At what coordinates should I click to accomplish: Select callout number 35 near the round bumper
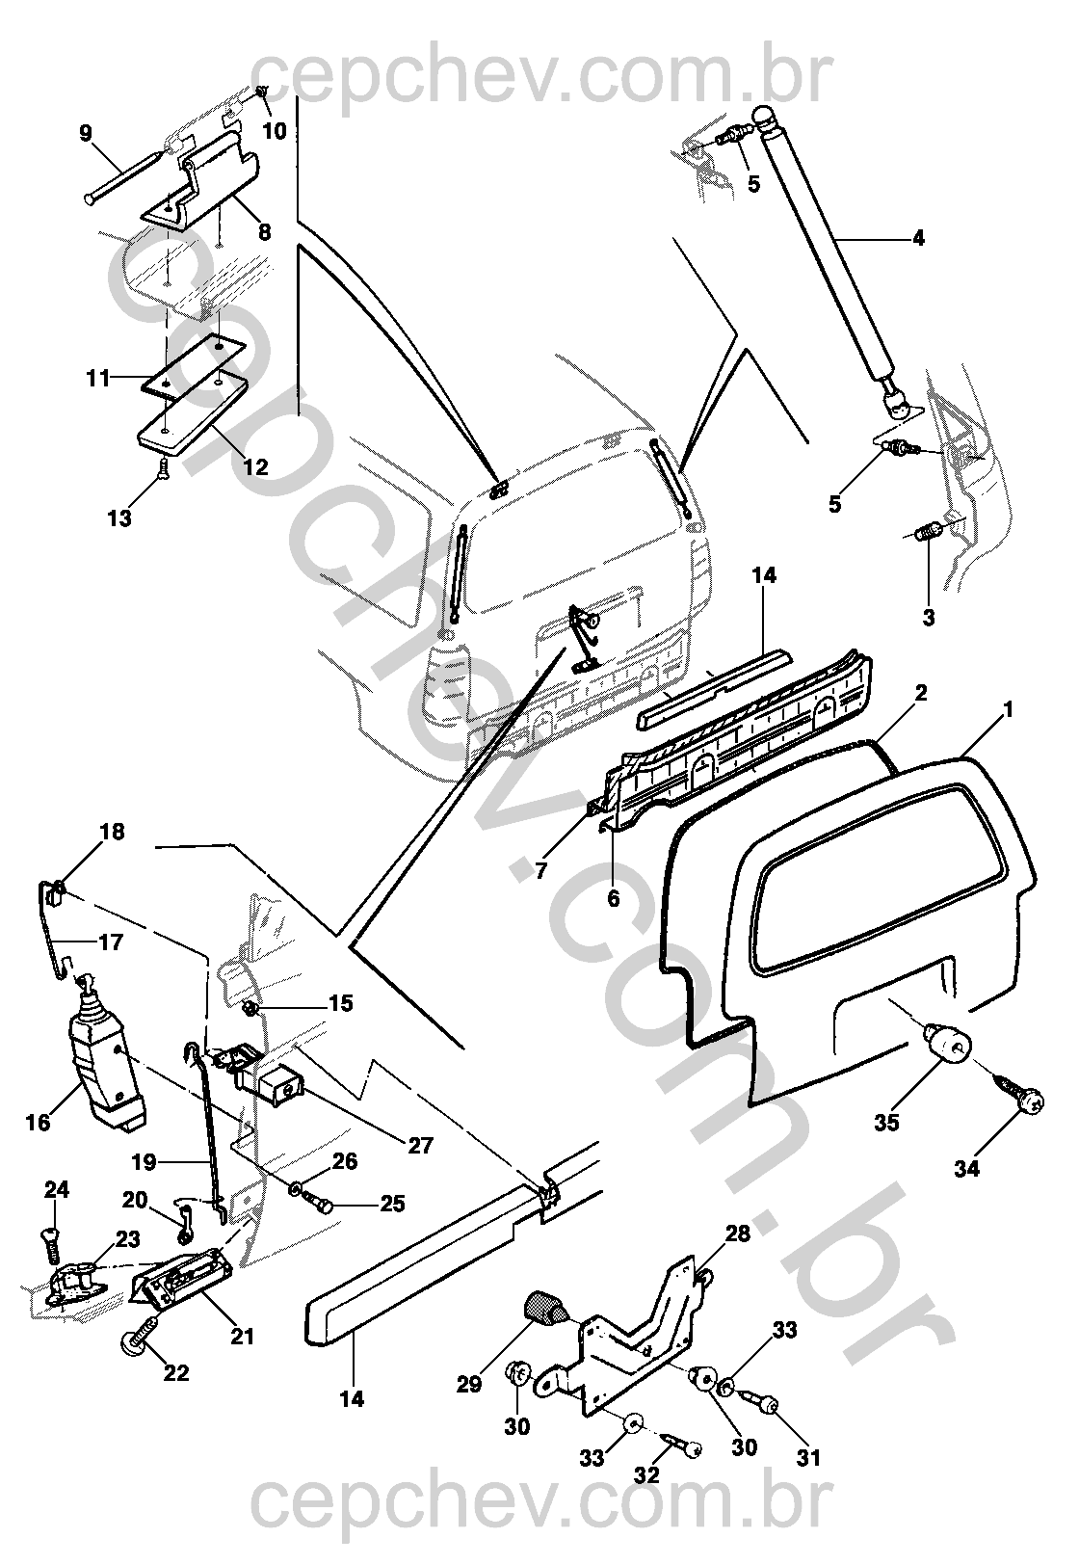pyautogui.click(x=886, y=1123)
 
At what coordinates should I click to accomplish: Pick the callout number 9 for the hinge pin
pyautogui.click(x=85, y=132)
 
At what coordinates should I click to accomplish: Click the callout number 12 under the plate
pyautogui.click(x=255, y=467)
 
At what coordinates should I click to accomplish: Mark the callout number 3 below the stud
pyautogui.click(x=928, y=618)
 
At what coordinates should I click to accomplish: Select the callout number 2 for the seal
pyautogui.click(x=921, y=693)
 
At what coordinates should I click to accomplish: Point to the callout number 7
pyautogui.click(x=541, y=871)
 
